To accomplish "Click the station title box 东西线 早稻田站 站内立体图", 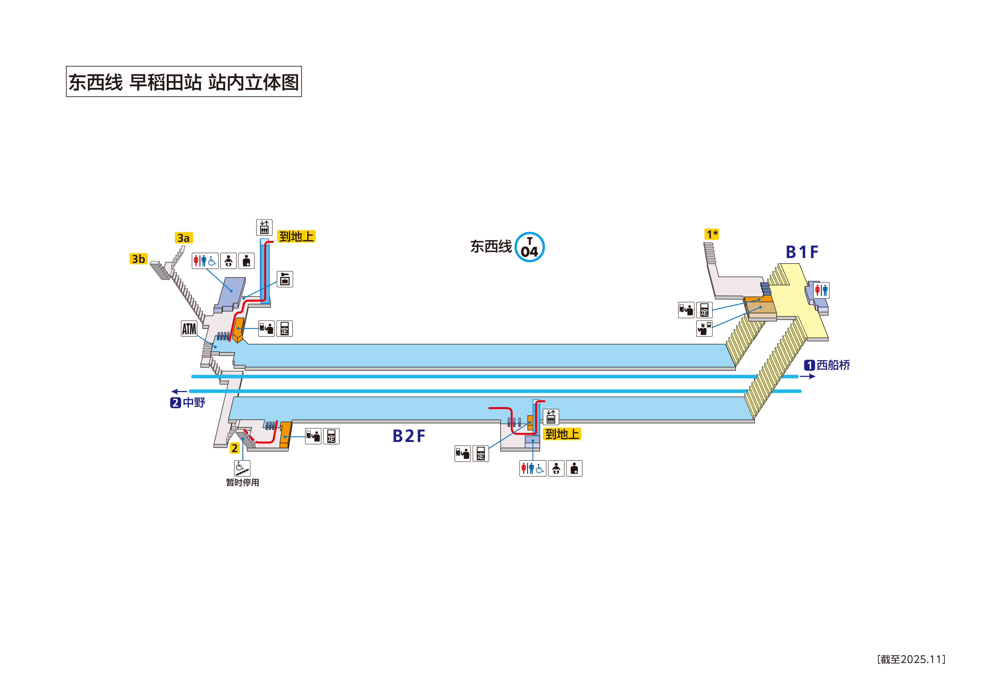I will (184, 81).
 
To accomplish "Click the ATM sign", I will (189, 329).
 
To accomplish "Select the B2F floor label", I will (408, 436).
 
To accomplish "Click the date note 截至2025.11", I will (911, 659).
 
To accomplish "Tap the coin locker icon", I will (285, 279).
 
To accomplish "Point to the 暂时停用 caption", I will (242, 482).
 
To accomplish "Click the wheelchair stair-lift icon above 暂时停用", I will (242, 468).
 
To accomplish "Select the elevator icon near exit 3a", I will (264, 227).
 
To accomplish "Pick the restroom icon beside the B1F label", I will (821, 290).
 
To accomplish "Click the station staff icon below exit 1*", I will (704, 329).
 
